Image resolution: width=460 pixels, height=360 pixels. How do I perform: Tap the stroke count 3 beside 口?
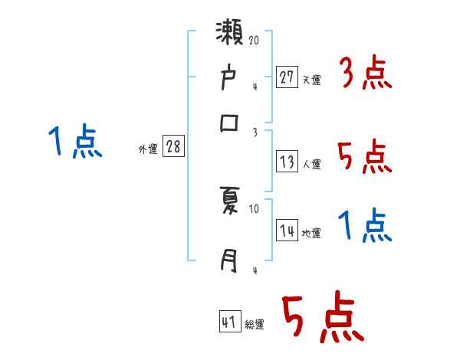click(255, 131)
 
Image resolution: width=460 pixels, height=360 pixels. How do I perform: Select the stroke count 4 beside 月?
click(255, 270)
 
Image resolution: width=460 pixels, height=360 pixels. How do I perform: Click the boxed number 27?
click(287, 77)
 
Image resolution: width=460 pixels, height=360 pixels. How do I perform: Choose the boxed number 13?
click(287, 161)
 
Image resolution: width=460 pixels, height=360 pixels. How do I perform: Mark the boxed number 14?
click(287, 231)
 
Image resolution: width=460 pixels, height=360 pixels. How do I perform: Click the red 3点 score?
click(365, 75)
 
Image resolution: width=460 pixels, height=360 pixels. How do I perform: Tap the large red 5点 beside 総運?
click(322, 318)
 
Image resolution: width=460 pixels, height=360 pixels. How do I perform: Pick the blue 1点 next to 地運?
click(365, 227)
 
